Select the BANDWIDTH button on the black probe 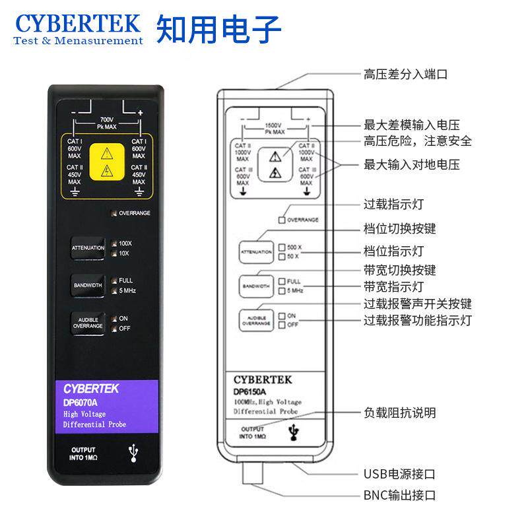click(88, 285)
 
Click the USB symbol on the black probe click(135, 452)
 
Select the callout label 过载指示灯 click(395, 205)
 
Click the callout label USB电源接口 click(399, 474)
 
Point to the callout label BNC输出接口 click(399, 495)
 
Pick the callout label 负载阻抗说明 click(400, 412)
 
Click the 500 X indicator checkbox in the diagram click(281, 247)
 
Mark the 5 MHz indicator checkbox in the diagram click(281, 290)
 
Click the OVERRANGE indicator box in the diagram click(282, 220)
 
